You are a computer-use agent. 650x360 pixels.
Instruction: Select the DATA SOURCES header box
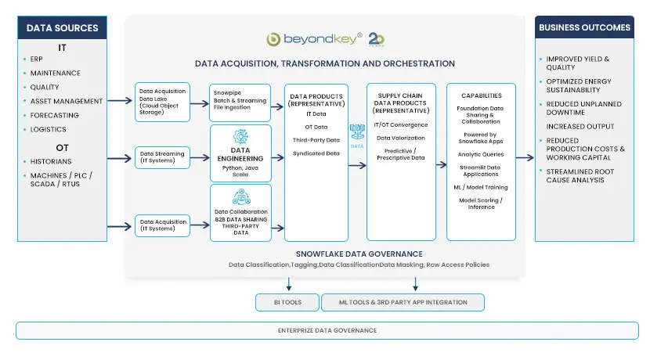[63, 28]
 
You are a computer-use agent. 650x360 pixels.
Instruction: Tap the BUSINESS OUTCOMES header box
[584, 27]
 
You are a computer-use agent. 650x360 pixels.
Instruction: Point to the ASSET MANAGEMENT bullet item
[67, 101]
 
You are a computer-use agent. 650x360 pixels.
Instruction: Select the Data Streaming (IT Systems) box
[162, 157]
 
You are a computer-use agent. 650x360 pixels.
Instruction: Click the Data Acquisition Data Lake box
[162, 101]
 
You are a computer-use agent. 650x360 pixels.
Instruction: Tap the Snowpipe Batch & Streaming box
[240, 101]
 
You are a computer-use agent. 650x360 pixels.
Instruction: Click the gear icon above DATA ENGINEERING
[240, 135]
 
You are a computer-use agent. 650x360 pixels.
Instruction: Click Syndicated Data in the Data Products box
[316, 153]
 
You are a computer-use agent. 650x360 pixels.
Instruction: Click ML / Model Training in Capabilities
[482, 187]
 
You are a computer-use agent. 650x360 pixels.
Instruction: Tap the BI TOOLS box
[287, 302]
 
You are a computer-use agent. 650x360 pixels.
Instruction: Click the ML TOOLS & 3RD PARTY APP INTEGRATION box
[404, 302]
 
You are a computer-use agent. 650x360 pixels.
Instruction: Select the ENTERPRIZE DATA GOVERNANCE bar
[327, 330]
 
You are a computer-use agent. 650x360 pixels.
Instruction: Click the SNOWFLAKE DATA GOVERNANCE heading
[359, 254]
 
